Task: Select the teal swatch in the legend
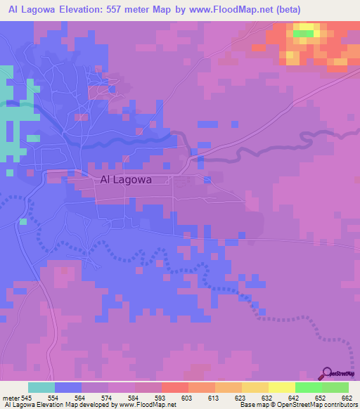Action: (x=41, y=388)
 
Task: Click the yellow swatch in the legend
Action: (x=281, y=388)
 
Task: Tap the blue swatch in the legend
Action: (x=68, y=388)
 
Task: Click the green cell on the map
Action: (x=304, y=33)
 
